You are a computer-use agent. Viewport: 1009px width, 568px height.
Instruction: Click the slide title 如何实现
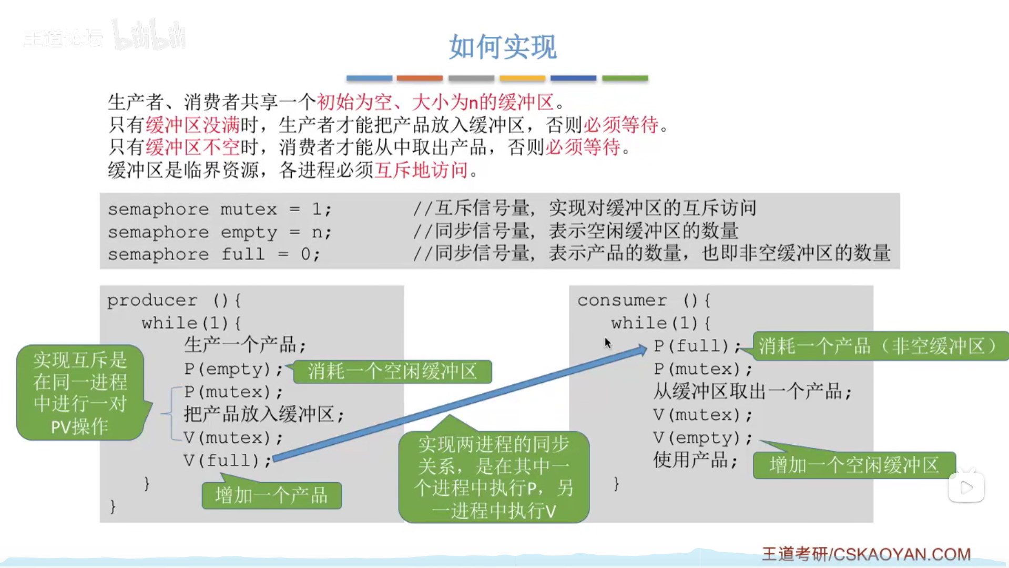pos(503,46)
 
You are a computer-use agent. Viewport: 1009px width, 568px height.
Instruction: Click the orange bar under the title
pos(420,78)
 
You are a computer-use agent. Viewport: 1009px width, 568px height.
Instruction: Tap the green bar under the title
pos(625,78)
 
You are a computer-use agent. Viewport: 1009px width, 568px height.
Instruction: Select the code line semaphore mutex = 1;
pos(220,210)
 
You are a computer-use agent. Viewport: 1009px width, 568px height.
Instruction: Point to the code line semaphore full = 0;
pos(214,255)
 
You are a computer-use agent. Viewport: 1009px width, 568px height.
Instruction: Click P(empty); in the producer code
pos(233,369)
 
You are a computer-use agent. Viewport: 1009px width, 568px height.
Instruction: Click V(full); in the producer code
pos(228,461)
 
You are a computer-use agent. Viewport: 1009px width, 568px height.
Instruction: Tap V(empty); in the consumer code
pos(703,437)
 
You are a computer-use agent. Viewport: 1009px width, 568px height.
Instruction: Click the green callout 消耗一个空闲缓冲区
pos(392,371)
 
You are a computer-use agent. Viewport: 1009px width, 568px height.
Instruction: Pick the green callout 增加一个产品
pos(271,495)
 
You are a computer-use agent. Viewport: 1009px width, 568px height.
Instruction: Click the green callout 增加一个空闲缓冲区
pos(854,465)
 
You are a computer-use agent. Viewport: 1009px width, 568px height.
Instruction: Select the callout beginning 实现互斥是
pos(80,393)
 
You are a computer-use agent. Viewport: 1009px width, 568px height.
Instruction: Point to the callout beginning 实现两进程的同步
pos(494,476)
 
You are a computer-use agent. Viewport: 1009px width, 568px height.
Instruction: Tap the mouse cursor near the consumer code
pos(608,343)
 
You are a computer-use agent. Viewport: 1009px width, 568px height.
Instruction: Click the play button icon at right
pos(966,487)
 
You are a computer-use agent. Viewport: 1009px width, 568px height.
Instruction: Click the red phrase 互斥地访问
pos(421,170)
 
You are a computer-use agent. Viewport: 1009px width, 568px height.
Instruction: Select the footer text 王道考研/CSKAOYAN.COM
pos(867,554)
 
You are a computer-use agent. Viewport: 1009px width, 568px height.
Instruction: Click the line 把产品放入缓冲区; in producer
pos(264,415)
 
